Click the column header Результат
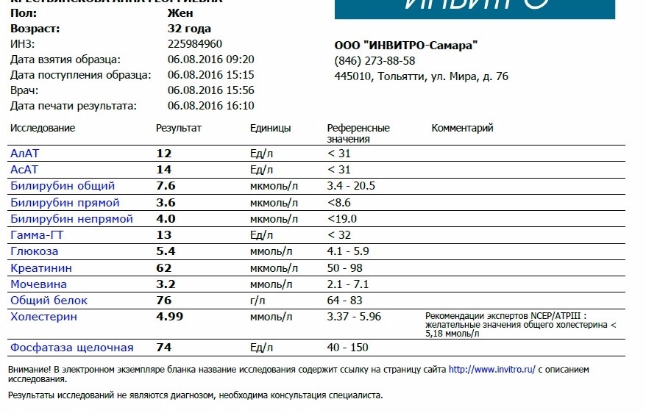pos(178,128)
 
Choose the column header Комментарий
pos(462,128)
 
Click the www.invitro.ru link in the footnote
pos(491,370)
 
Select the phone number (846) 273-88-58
pos(375,61)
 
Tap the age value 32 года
pos(189,29)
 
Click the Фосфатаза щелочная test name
pos(71,348)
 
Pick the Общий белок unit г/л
pos(259,301)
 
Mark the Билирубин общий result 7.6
pos(166,186)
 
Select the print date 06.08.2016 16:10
pos(210,106)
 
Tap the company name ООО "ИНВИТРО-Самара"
pos(406,46)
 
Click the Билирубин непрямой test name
pos(71,219)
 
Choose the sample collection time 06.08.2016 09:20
pos(210,60)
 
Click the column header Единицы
pos(270,128)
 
